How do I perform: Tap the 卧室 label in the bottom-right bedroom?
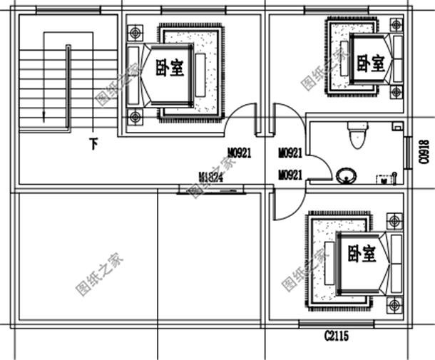361,253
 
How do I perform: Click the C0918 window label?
424,151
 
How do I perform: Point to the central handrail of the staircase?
68,86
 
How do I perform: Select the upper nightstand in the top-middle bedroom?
136,33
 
